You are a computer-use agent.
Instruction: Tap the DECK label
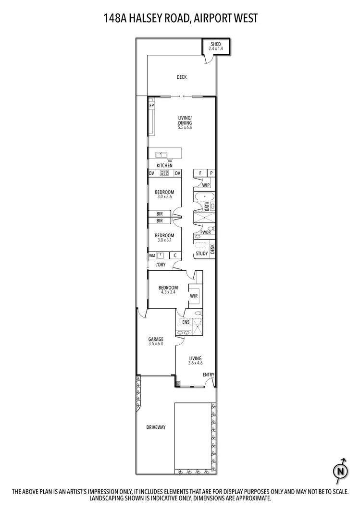coord(181,77)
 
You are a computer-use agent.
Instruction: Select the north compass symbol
coord(341,471)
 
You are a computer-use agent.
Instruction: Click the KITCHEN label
coord(164,166)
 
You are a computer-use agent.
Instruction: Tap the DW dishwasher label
coord(170,161)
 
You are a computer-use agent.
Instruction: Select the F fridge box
coord(199,173)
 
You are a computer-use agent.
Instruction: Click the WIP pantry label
coord(206,185)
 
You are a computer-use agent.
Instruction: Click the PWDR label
coord(206,232)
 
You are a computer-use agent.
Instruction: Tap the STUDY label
coord(202,254)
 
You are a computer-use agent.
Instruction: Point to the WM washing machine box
coord(152,255)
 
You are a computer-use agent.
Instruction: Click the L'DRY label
coord(160,265)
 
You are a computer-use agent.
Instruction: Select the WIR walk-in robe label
coord(194,296)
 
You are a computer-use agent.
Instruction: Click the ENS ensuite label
coord(186,322)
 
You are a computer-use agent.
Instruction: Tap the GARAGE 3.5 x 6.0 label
coord(156,341)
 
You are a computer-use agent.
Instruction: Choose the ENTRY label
coord(209,375)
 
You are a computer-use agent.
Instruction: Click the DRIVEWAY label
coord(156,427)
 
